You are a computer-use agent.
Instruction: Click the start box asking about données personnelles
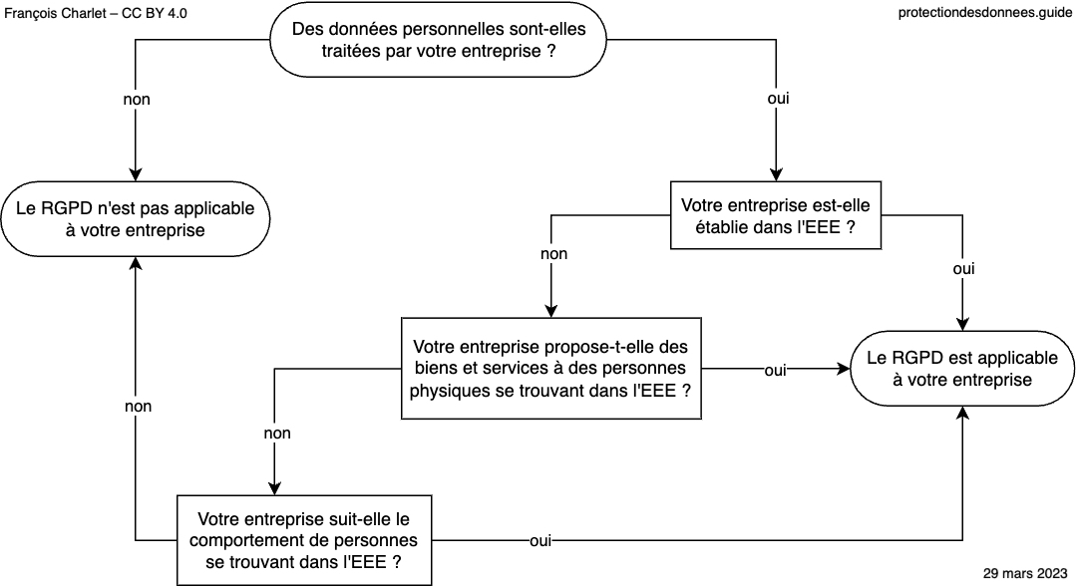438,40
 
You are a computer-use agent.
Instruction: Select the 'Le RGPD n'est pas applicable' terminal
136,219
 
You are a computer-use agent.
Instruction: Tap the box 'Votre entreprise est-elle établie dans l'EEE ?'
776,215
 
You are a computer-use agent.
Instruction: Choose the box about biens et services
551,369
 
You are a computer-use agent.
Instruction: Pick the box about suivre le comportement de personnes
304,540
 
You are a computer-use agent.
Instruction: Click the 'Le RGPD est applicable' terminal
962,369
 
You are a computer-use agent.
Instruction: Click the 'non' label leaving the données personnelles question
137,100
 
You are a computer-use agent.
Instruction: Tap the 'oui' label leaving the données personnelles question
778,99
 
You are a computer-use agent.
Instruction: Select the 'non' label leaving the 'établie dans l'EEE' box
553,254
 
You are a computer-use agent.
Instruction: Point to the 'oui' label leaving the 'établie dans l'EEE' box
963,269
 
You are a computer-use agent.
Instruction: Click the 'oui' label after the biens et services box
775,371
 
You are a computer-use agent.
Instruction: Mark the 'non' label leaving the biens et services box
277,433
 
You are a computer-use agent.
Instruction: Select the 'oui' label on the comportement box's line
540,541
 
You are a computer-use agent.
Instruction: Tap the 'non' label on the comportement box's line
138,407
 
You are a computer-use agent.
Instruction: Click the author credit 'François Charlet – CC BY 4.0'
96,13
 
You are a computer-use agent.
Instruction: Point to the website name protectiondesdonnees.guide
984,13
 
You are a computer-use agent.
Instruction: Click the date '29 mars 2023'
1025,573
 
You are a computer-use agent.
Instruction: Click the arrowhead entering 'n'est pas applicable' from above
136,174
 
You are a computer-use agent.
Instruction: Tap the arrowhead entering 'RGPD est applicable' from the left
844,369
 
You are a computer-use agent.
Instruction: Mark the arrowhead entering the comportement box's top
274,488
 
